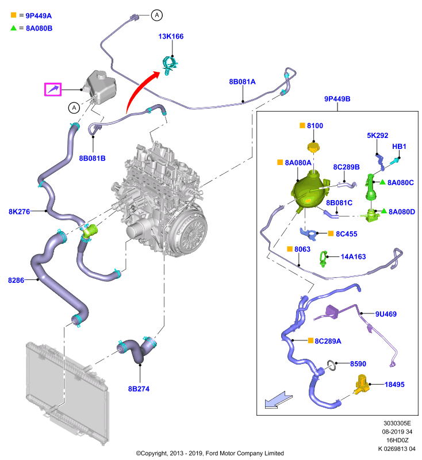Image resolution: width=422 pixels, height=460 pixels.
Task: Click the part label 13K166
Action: [x=171, y=36]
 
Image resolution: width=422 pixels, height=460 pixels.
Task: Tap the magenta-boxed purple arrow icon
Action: [x=53, y=89]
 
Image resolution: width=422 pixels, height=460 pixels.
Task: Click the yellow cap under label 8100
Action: [x=313, y=147]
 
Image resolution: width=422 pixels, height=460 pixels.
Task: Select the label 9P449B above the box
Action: [x=337, y=99]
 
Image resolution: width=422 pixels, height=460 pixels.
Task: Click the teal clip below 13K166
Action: [x=170, y=66]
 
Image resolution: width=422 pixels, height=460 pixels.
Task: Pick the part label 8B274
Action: [x=139, y=389]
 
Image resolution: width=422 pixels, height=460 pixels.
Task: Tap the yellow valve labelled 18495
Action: [x=362, y=384]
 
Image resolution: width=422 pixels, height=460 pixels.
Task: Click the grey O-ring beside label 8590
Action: [x=332, y=365]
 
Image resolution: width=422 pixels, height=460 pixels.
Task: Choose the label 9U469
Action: [x=386, y=314]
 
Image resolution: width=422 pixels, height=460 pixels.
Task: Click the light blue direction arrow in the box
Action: [x=278, y=400]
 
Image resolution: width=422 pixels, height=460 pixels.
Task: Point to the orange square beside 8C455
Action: [x=331, y=233]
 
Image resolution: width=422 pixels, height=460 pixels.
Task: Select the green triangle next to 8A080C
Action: [x=382, y=182]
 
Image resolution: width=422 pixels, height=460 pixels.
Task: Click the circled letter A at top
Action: [x=157, y=16]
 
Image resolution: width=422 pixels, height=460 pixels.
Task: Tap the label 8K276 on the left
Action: [x=20, y=212]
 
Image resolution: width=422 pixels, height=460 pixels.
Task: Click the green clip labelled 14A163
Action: [x=323, y=259]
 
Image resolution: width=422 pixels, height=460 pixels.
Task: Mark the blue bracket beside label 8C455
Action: [x=309, y=234]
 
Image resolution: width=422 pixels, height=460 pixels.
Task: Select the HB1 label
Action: [x=399, y=147]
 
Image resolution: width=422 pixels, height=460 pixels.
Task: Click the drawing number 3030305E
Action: [x=397, y=423]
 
